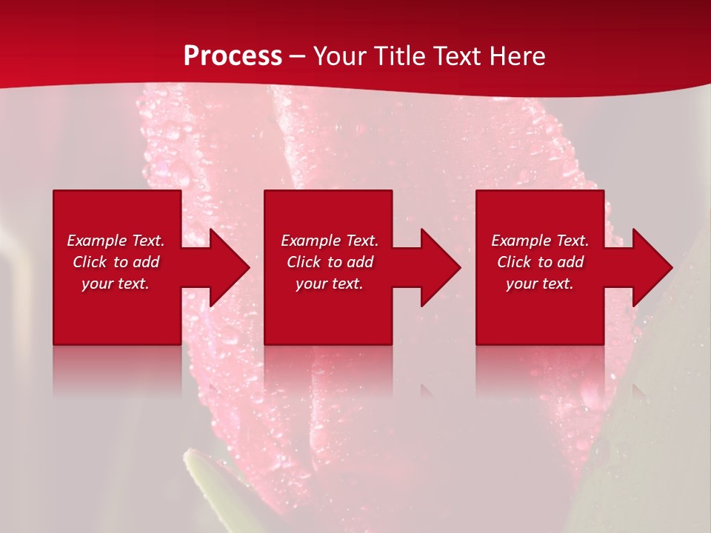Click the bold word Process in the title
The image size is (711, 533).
click(233, 56)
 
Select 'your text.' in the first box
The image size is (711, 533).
click(116, 284)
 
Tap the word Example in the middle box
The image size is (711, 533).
click(310, 241)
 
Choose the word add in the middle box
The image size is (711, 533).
click(360, 262)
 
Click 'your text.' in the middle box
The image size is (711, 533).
click(329, 284)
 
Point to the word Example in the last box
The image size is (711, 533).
click(521, 241)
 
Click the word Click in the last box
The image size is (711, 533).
click(515, 262)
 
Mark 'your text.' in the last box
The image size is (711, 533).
click(540, 284)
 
